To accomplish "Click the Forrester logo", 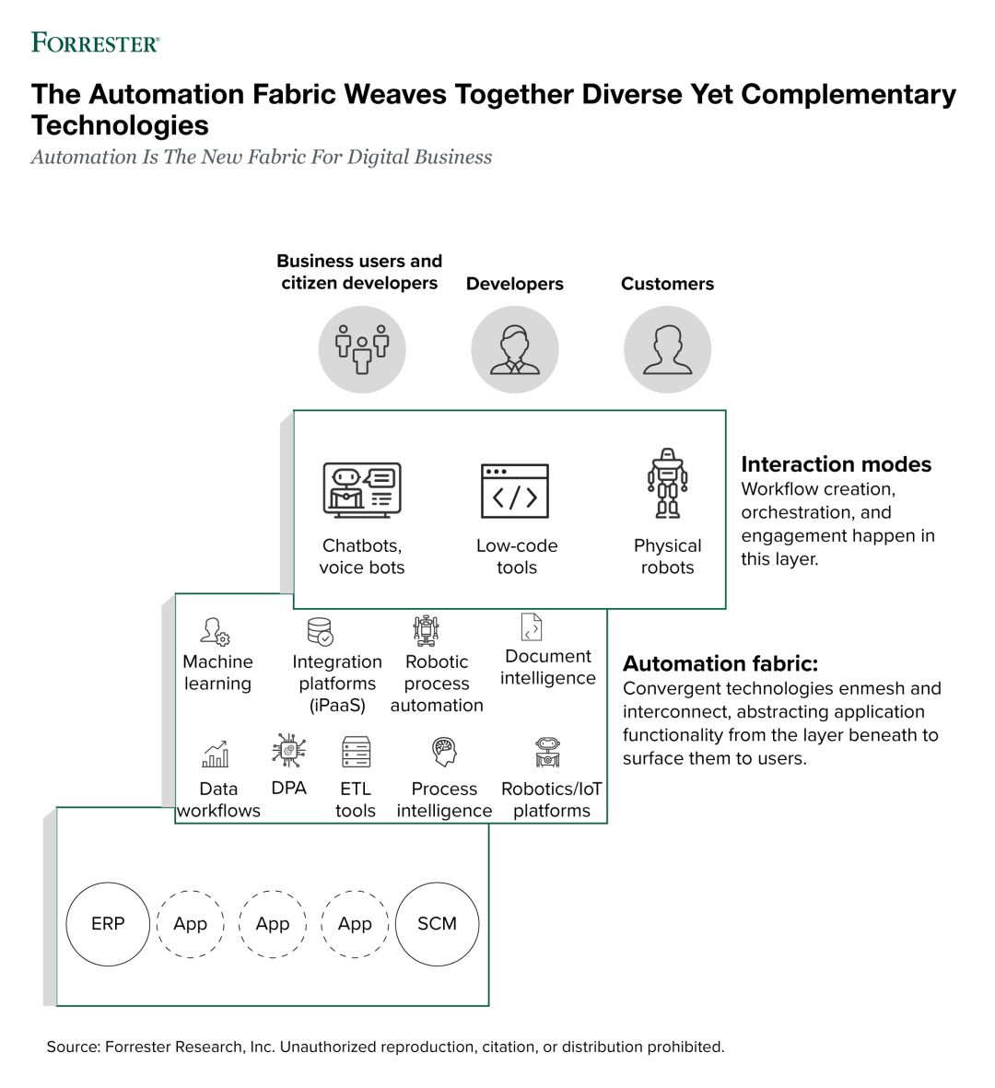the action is click(x=96, y=43).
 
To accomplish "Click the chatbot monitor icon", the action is click(x=362, y=490).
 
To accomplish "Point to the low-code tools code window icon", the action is click(x=515, y=491).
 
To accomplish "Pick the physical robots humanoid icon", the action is click(x=668, y=483).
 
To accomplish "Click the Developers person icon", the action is click(x=515, y=350).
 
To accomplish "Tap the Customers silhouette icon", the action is click(x=668, y=350).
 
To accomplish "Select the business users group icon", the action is click(x=362, y=350).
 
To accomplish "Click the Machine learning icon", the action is click(x=215, y=631).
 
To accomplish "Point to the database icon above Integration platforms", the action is click(x=321, y=631).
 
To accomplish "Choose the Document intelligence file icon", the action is click(x=532, y=626).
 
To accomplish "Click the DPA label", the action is click(x=288, y=789).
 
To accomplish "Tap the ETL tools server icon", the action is click(x=356, y=752).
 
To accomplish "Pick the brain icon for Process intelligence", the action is click(x=444, y=752).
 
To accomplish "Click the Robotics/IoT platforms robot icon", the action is click(x=548, y=752).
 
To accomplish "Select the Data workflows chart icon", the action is click(x=215, y=754).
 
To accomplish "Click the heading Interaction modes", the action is click(x=837, y=464).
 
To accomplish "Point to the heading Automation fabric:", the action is click(x=720, y=664).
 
